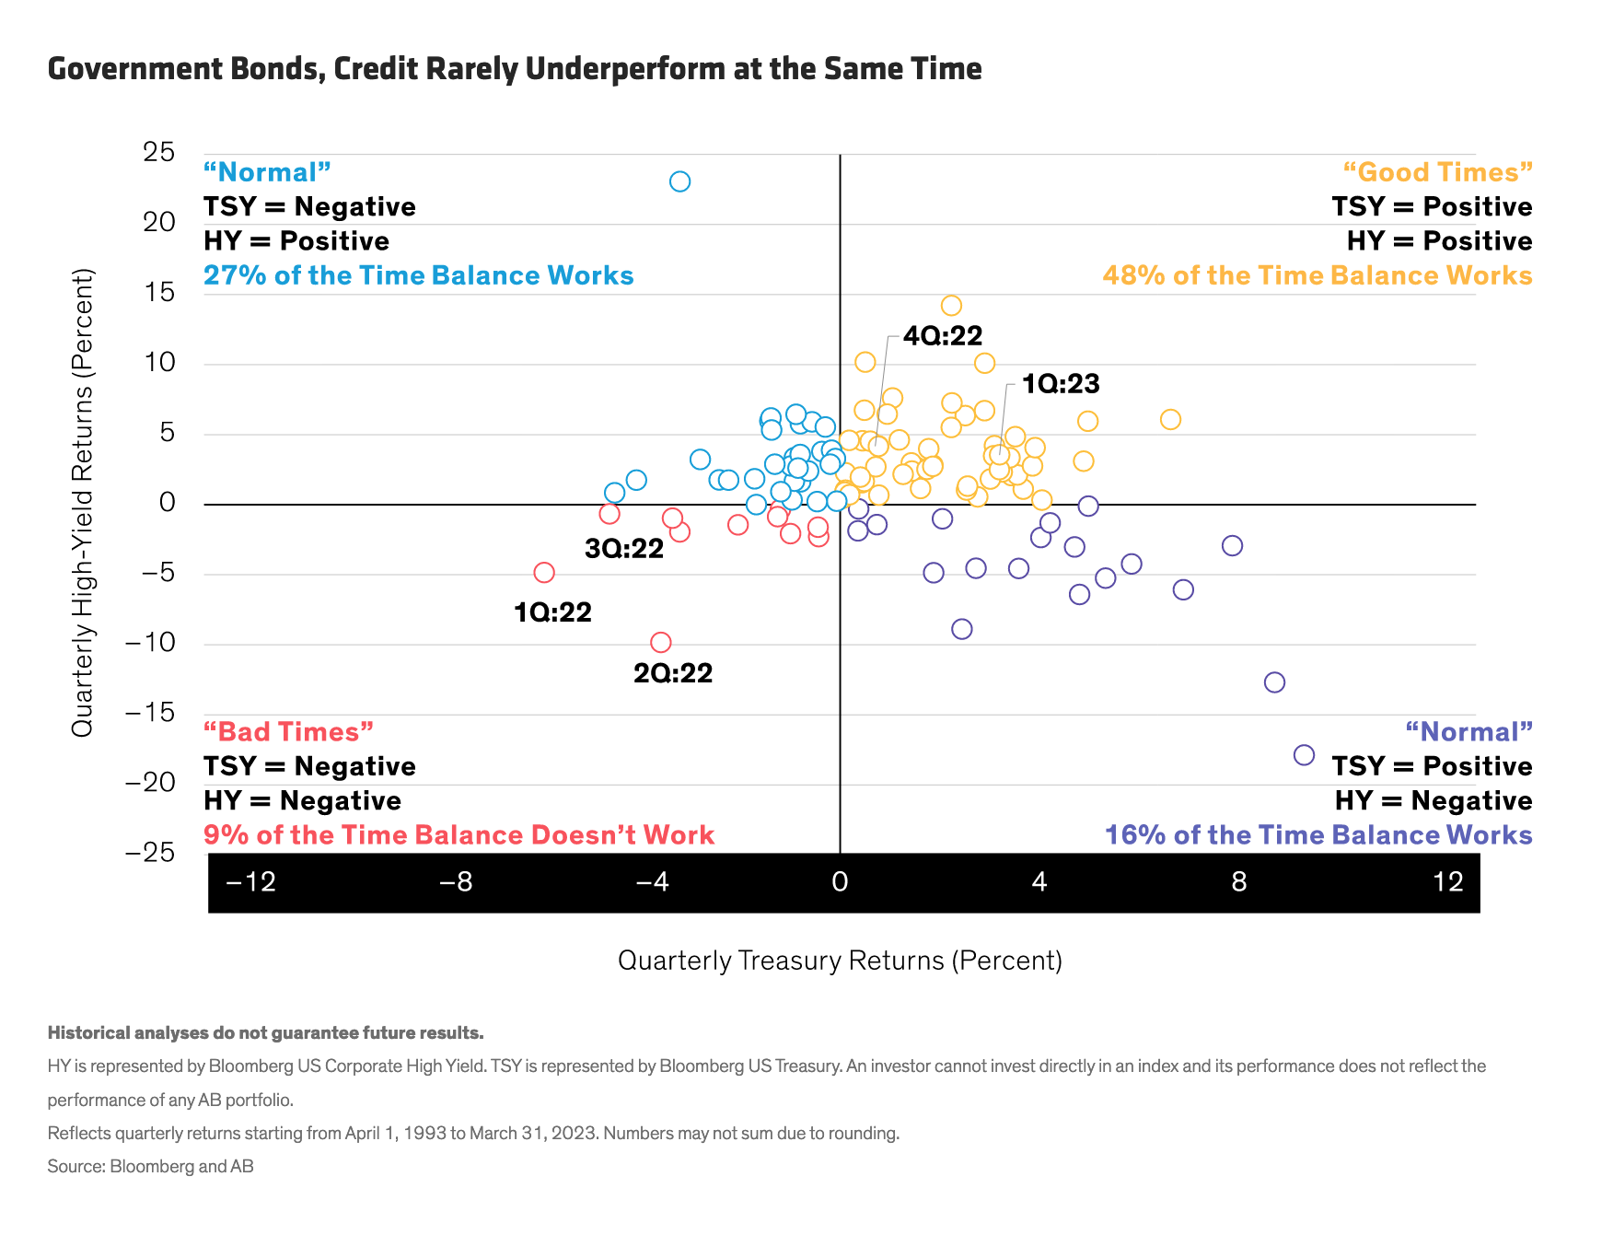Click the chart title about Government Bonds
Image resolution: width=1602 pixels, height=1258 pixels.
tap(515, 69)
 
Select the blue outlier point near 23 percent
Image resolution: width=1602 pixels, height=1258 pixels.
tap(679, 181)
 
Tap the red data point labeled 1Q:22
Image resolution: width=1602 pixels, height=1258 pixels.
tap(544, 573)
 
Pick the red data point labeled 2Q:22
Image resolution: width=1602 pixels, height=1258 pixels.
tap(660, 642)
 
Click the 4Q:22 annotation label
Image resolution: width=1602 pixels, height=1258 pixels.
tap(943, 336)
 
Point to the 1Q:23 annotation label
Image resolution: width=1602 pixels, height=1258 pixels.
tap(1061, 384)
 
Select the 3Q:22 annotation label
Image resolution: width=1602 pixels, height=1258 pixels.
tap(624, 549)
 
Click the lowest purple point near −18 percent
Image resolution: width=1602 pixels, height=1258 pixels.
tap(1304, 755)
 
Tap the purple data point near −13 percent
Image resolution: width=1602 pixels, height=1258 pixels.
tap(1274, 682)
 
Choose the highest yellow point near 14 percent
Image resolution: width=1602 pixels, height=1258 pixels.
tap(951, 306)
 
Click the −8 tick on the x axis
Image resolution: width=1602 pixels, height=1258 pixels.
tap(455, 882)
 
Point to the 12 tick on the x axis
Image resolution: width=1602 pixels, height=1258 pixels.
tap(1448, 882)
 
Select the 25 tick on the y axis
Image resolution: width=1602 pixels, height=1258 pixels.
tap(158, 152)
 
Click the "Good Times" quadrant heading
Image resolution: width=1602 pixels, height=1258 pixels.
tap(1437, 172)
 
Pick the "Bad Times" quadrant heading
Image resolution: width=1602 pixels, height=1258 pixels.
tap(288, 732)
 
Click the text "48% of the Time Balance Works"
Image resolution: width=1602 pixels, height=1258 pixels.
tap(1317, 275)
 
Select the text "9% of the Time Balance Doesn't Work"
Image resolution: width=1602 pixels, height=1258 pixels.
tap(459, 835)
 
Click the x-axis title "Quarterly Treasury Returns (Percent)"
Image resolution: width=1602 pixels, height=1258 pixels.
tap(840, 961)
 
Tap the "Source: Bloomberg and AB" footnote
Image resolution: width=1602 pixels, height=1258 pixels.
tap(151, 1166)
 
